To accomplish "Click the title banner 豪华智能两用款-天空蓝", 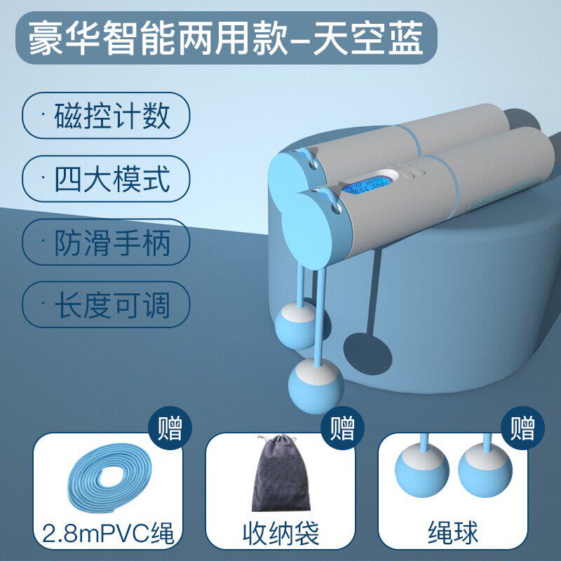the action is point(226,38).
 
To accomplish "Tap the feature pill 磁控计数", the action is point(106,116).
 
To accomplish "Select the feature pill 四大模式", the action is point(106,179).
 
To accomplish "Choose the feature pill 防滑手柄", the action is point(106,242).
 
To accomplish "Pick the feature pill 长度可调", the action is point(106,305).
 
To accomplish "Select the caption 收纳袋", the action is point(281,534).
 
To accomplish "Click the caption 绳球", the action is point(453,534).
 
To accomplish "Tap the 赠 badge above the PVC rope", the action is point(170,428).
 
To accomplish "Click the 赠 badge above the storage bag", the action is point(342,428).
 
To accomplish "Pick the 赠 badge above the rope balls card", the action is point(522,428).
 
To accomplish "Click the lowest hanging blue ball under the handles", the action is point(316,386).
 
